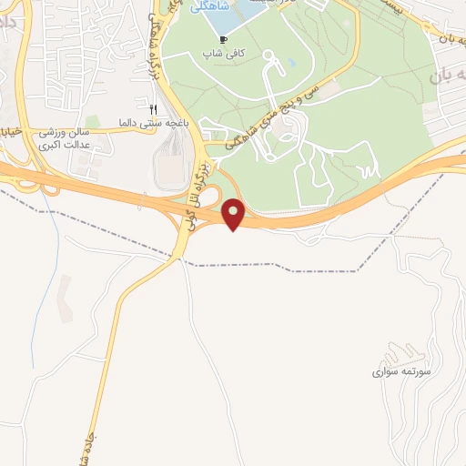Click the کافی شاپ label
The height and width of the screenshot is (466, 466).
(224, 54)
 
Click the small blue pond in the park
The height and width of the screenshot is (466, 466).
(292, 65)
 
